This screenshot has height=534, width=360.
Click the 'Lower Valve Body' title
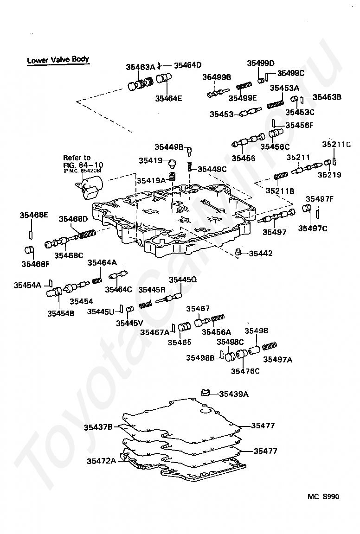click(58, 60)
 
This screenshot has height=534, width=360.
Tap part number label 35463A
click(140, 67)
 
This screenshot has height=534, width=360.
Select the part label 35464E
click(168, 98)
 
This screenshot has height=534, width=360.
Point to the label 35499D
click(261, 64)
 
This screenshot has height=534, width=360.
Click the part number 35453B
click(327, 97)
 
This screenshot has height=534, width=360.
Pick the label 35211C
click(336, 144)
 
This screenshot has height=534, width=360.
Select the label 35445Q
click(183, 280)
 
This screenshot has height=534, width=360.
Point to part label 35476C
click(245, 371)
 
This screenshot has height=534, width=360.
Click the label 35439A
click(233, 394)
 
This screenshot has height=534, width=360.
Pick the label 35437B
click(98, 426)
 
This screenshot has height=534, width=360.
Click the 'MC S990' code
click(323, 497)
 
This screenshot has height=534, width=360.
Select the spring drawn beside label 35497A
click(270, 347)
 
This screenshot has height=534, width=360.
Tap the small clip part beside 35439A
click(206, 393)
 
